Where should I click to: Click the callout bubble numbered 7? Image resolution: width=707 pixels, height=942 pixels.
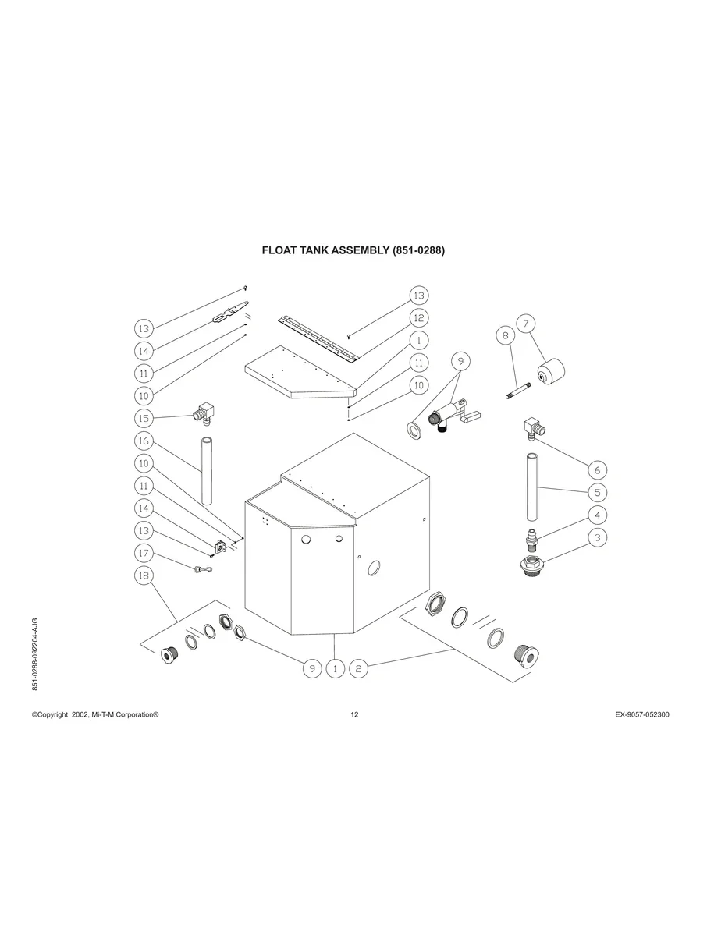[x=526, y=323]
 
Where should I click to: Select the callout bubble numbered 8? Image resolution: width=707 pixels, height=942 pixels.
[x=506, y=336]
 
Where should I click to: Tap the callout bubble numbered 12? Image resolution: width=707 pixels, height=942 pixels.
[x=419, y=317]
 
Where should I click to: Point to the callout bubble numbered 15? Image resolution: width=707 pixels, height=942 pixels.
[x=144, y=418]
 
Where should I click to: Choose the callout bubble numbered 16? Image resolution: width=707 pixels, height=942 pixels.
[x=144, y=441]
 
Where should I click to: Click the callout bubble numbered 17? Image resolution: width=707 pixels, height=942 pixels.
[x=144, y=553]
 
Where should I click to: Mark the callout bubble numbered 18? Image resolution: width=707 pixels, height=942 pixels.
[x=144, y=575]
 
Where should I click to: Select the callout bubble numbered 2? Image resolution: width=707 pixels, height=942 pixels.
[x=358, y=668]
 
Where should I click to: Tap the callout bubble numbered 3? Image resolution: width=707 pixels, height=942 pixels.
[x=597, y=537]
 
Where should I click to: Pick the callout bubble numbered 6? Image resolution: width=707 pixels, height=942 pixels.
[x=597, y=470]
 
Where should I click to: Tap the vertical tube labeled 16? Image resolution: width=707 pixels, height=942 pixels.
[x=208, y=472]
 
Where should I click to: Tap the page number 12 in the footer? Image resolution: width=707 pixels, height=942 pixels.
[x=354, y=715]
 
